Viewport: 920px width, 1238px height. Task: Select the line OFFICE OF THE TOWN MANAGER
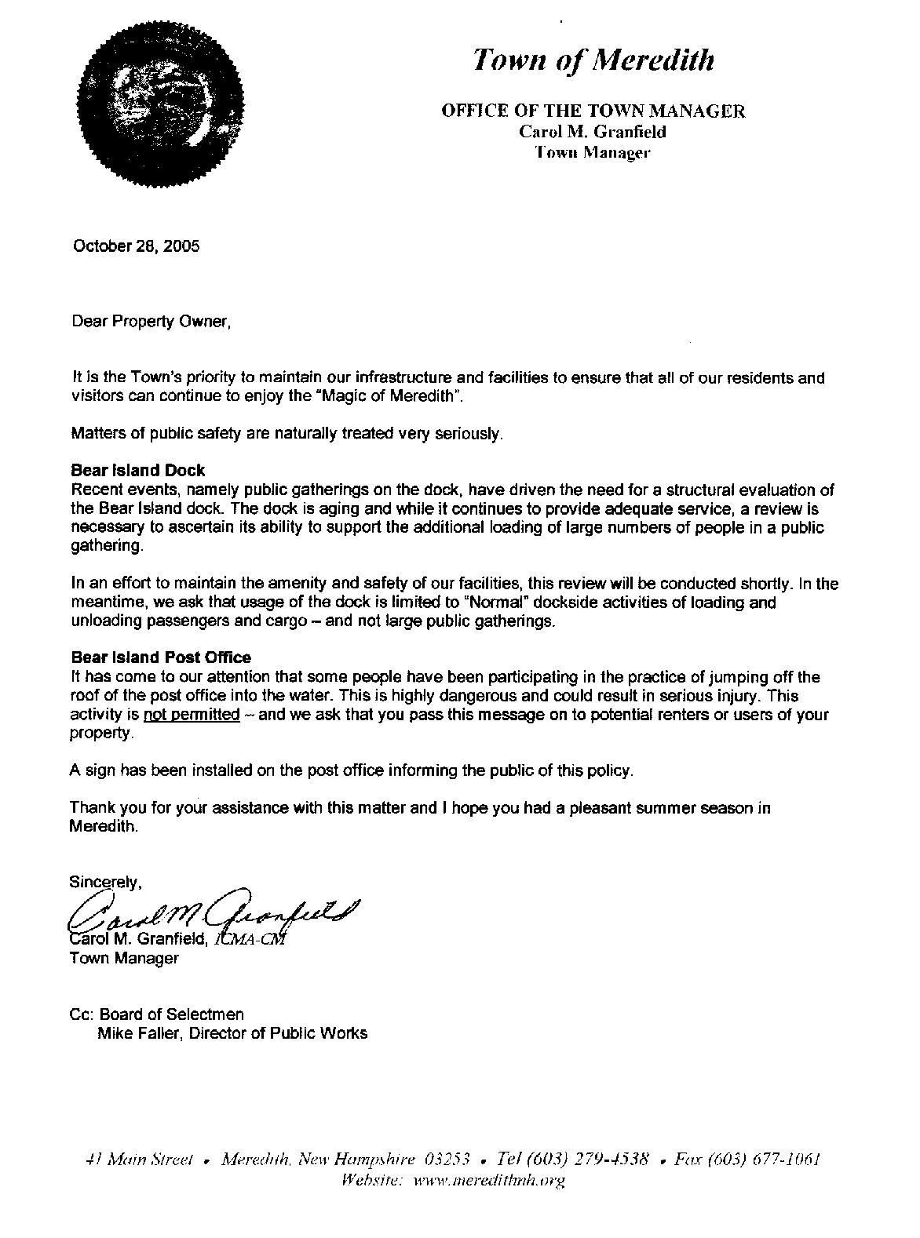click(593, 111)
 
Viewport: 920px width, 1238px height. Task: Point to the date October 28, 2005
click(136, 246)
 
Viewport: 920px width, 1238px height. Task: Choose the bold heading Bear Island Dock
click(137, 471)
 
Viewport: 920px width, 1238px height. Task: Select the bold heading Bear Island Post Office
click(161, 657)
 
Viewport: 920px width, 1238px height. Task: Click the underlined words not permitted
click(192, 715)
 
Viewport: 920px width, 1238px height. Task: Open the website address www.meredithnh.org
click(488, 1180)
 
